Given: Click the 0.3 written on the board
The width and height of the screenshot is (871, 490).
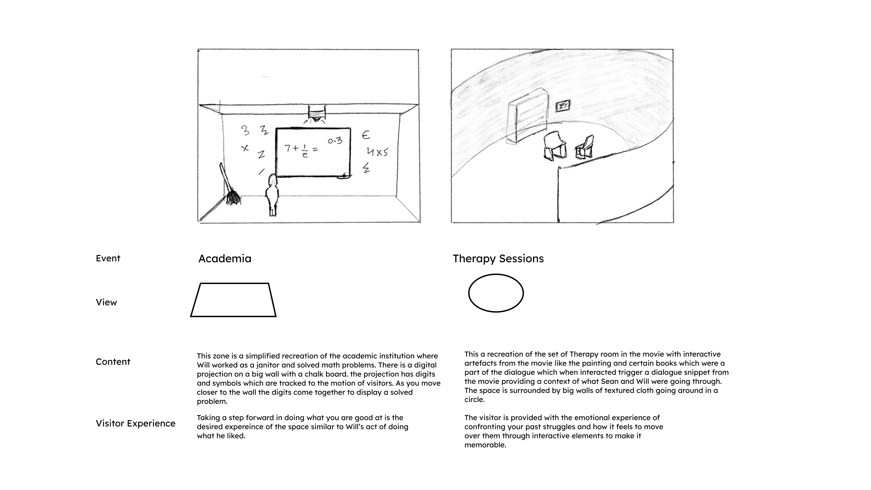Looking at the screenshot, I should [335, 141].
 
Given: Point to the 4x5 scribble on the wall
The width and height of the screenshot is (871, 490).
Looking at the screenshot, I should [377, 152].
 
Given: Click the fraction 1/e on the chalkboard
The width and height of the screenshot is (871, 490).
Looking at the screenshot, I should [305, 151].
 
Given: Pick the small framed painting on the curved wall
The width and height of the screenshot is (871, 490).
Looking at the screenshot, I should [563, 106].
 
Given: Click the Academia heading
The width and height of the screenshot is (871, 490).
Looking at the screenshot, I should [225, 259].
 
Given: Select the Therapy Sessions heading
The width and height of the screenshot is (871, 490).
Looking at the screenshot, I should [498, 259].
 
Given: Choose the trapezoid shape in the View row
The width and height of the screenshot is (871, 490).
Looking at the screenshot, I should [233, 300].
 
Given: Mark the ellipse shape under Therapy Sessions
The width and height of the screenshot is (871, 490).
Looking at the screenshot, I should [496, 293].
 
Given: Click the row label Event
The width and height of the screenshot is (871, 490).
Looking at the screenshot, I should [108, 258].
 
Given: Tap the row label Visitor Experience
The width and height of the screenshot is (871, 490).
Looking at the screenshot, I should [135, 423].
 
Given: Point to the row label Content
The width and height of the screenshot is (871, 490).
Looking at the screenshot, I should [113, 362].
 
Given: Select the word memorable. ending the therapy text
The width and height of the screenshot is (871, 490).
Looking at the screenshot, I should [485, 445].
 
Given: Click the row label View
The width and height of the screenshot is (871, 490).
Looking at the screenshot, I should [106, 302].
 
